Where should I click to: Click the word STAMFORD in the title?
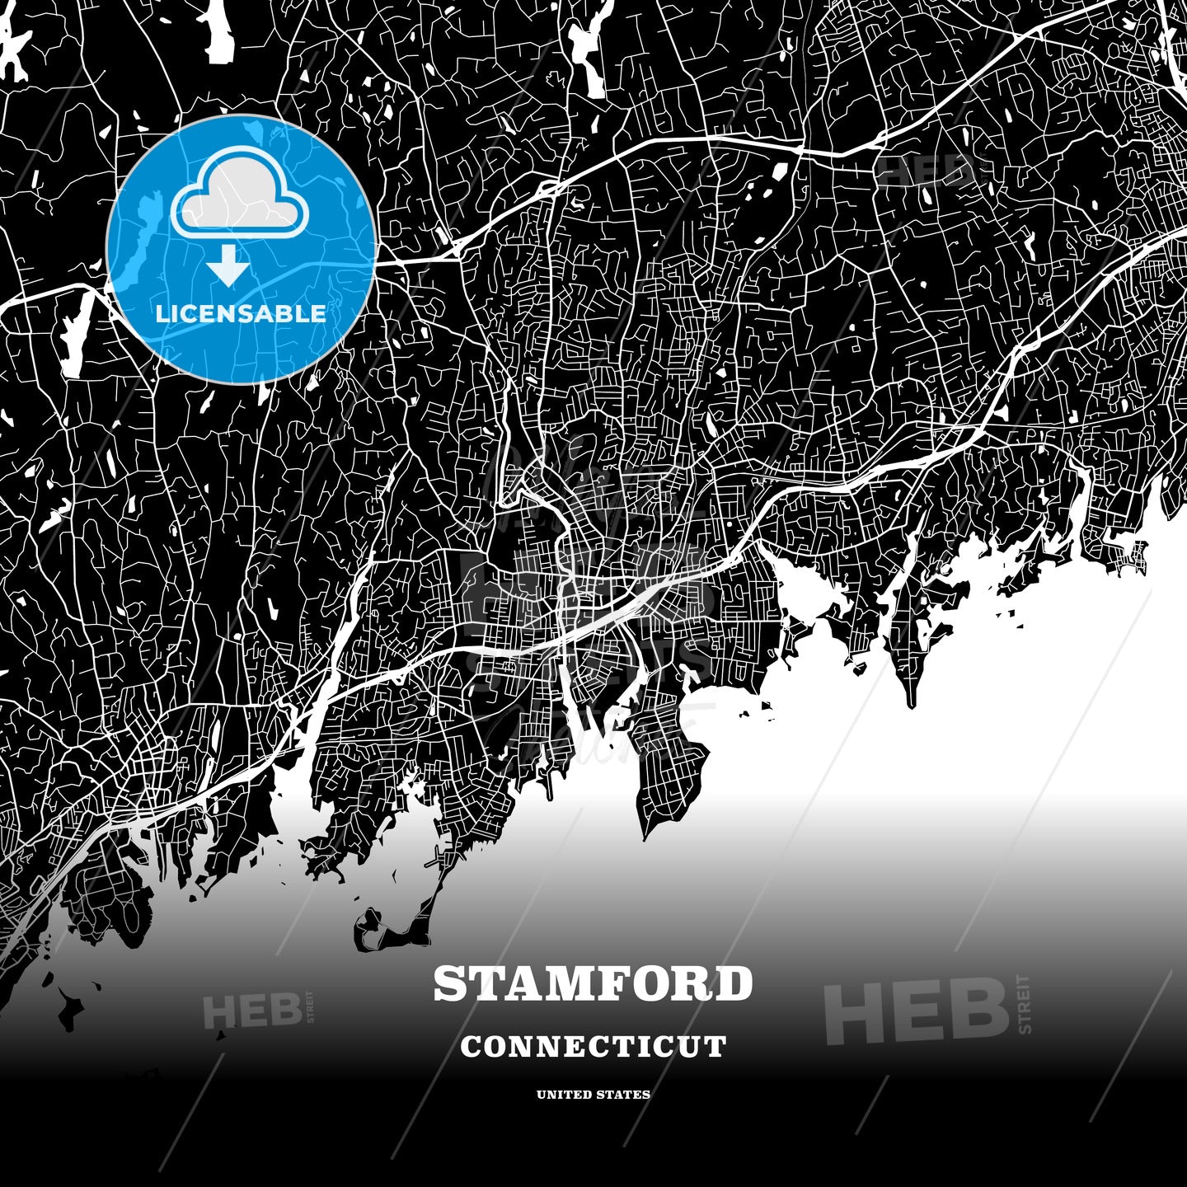(x=593, y=984)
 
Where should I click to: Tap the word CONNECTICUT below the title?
(x=593, y=1047)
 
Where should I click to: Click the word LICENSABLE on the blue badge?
(x=241, y=314)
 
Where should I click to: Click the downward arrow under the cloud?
(x=228, y=266)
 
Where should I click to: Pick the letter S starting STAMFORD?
(x=449, y=984)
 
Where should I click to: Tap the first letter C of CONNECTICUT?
(x=471, y=1047)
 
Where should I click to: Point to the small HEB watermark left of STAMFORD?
(x=251, y=1011)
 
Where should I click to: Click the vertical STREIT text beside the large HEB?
(x=1025, y=1004)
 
